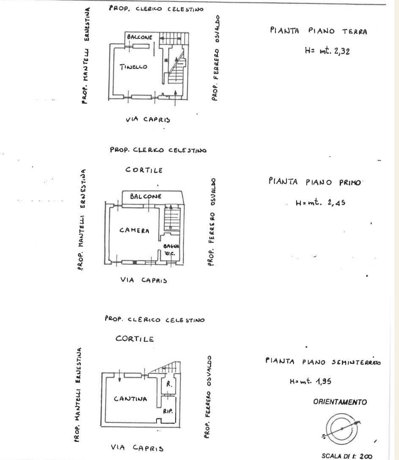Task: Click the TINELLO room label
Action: [x=133, y=67]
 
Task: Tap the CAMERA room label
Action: [x=134, y=230]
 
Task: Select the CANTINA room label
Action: [x=130, y=399]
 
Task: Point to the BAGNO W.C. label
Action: [x=171, y=250]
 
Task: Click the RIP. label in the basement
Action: [x=168, y=411]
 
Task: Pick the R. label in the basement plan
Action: [x=169, y=384]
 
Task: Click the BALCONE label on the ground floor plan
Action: [x=140, y=37]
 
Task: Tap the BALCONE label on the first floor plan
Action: [x=146, y=196]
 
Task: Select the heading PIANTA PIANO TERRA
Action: [x=319, y=31]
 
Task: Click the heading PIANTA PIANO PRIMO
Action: [x=315, y=182]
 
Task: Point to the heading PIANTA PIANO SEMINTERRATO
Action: [x=323, y=362]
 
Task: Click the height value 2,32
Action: [x=342, y=52]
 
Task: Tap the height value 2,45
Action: [x=336, y=202]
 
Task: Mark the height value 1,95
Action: [x=324, y=381]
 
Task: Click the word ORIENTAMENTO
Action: [x=340, y=402]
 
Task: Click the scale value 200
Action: [x=366, y=456]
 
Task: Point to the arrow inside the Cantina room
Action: [x=119, y=376]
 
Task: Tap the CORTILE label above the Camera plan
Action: [x=144, y=170]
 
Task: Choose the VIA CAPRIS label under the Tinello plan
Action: [x=148, y=120]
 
